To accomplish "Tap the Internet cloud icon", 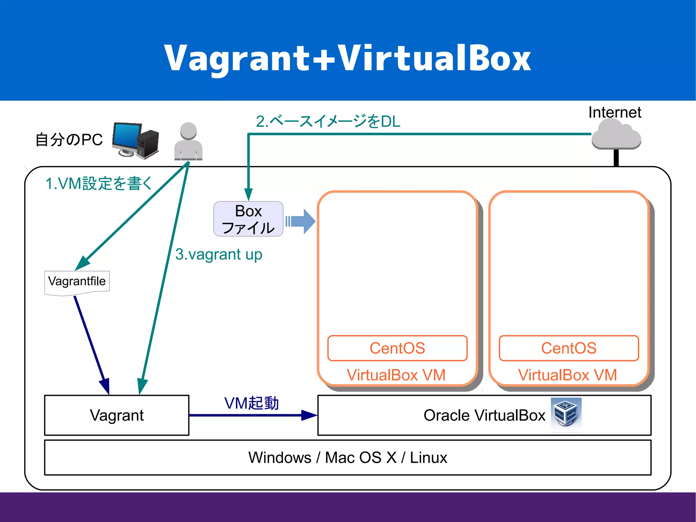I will coord(616,136).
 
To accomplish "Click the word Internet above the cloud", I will coord(614,112).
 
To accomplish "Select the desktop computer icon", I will coord(136,140).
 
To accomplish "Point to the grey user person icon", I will coord(188,141).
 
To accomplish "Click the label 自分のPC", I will coord(69,140).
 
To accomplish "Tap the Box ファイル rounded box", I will coord(248,219).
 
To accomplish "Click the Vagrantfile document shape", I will coord(77,282).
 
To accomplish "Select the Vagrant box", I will coord(117,415).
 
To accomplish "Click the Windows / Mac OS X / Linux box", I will coord(347,457).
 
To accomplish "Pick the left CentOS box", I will coord(397,348).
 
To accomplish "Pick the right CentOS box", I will coord(569,348).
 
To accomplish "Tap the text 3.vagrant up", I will coord(219,254).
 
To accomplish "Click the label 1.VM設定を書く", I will coord(99,184).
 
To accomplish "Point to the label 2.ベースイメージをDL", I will coord(328,121).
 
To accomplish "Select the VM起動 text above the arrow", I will coord(251,403).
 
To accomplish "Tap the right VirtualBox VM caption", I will coord(567,375).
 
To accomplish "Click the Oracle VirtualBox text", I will coord(484,415).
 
